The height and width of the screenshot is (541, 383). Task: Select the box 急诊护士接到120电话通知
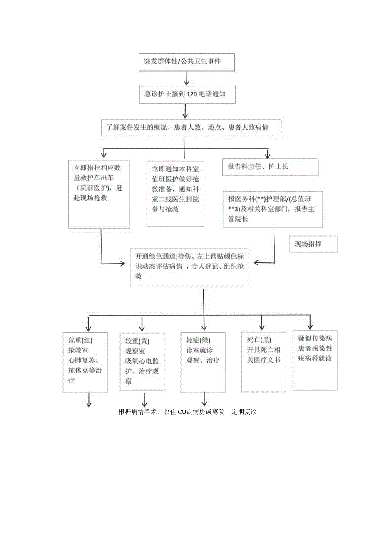188,95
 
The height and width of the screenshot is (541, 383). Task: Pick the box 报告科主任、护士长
271,167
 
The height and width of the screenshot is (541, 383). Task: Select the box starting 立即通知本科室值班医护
175,193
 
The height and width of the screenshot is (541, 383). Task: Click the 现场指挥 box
313,245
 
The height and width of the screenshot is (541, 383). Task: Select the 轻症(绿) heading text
196,340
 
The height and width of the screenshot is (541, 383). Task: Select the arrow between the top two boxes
187,78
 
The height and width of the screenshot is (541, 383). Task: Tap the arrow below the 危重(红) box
89,400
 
